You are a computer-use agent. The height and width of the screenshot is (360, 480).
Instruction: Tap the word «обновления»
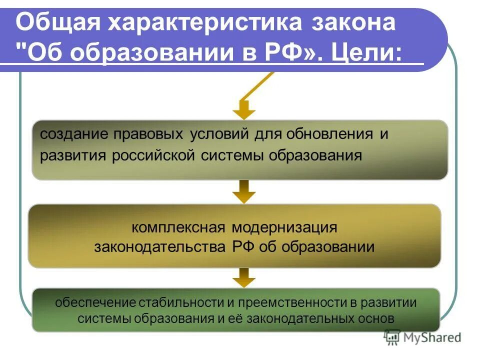pos(324,134)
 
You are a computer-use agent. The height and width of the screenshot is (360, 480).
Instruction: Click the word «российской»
pos(152,155)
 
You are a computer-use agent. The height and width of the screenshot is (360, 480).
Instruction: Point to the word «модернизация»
pos(284,227)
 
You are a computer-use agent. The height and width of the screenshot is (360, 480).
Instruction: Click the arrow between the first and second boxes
pos(244,191)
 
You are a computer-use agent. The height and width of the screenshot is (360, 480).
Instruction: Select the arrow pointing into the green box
pos(244,277)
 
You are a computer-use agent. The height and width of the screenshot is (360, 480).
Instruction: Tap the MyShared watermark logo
pos(422,337)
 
